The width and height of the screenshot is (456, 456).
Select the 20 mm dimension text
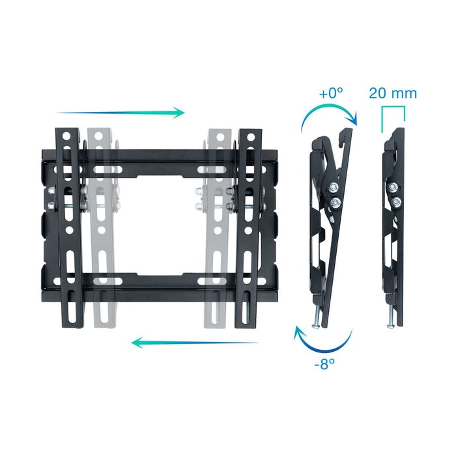click(393, 93)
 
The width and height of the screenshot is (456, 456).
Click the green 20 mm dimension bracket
click(393, 113)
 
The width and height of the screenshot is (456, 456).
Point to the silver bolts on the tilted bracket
click(334, 195)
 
